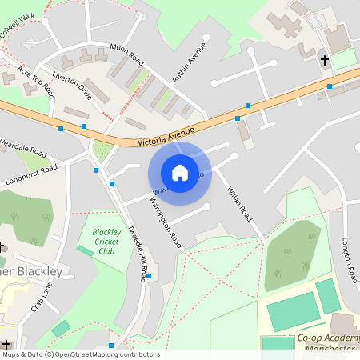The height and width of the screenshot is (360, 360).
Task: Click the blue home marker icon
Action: (180, 172)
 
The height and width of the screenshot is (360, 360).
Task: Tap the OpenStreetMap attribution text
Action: (80, 354)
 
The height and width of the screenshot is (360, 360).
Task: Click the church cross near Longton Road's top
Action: (325, 61)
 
